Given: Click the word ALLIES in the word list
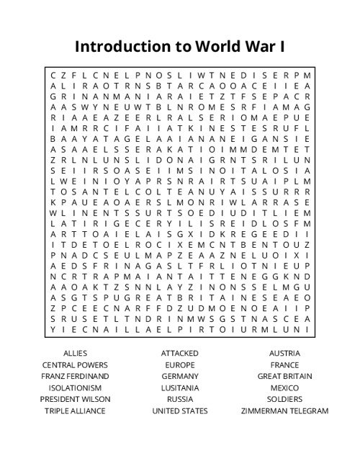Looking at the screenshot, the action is (x=75, y=354).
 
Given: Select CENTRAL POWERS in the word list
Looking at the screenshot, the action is (x=75, y=365).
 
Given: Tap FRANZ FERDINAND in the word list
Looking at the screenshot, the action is (x=75, y=377).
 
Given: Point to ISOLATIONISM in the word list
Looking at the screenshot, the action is (x=75, y=388).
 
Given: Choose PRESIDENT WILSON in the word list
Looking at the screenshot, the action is (x=75, y=400).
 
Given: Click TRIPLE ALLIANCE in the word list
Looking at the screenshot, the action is (x=75, y=411).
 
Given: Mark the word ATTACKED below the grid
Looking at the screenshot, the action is (x=180, y=354).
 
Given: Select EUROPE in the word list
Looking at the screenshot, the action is (x=180, y=365).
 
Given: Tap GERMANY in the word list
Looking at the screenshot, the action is (x=180, y=377).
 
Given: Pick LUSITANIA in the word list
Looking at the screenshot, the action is (x=180, y=388).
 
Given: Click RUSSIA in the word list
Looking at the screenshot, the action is (x=180, y=400).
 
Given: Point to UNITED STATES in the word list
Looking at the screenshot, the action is (x=180, y=411).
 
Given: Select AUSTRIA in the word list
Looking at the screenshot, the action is (x=284, y=354).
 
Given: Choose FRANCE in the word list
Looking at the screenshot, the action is (x=284, y=365).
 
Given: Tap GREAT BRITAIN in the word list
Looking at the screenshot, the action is (x=284, y=377).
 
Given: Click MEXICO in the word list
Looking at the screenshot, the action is (x=284, y=388).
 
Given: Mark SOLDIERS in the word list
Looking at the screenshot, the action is (x=284, y=400).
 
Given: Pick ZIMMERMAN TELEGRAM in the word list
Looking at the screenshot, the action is (x=284, y=411).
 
